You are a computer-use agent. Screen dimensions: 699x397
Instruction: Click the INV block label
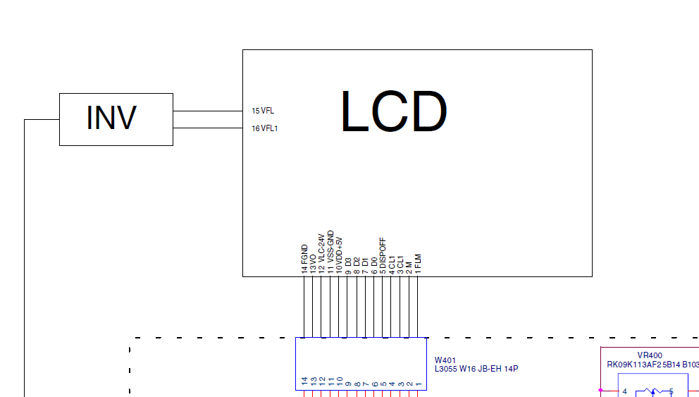point(111,118)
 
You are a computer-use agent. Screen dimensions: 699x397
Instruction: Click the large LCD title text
point(394,111)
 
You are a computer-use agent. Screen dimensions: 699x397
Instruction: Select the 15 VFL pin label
point(263,111)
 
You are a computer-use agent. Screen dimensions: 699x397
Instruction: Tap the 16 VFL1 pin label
point(265,128)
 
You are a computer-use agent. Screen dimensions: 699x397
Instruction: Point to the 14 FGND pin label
point(304,259)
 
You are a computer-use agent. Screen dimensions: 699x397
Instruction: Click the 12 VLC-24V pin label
point(321,254)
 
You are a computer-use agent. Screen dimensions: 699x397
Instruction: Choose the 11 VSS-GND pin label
point(330,252)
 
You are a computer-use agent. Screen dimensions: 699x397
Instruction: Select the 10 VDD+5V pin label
point(339,255)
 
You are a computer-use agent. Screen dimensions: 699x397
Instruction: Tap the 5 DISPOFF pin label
point(383,255)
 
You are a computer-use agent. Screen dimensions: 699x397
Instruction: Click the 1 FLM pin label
point(418,264)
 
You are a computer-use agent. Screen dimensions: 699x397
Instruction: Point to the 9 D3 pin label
point(348,266)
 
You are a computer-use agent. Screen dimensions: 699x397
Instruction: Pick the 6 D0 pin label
point(374,266)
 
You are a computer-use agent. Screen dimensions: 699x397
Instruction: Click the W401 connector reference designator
point(445,360)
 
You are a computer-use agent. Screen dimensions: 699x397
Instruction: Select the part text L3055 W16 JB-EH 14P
point(476,369)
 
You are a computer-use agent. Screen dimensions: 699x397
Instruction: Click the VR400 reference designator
point(650,355)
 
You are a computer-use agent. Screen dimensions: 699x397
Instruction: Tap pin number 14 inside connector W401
point(305,381)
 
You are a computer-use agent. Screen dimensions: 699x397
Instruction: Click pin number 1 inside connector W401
point(418,384)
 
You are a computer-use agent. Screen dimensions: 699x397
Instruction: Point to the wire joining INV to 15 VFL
point(208,111)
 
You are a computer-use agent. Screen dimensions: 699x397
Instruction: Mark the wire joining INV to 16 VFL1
point(208,128)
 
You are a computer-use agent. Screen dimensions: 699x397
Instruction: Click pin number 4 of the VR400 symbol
point(624,391)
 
